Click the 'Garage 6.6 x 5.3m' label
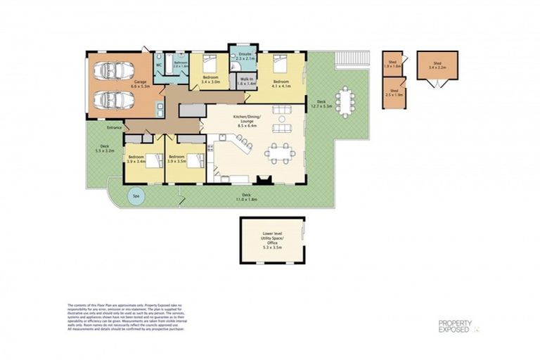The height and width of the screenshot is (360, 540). click(141, 84)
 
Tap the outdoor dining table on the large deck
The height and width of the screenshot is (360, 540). click(345, 101)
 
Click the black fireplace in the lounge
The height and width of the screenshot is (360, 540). click(264, 180)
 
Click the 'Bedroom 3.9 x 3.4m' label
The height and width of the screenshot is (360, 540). click(136, 159)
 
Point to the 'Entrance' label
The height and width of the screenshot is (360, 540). click(114, 128)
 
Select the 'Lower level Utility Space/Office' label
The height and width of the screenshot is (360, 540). click(271, 240)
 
